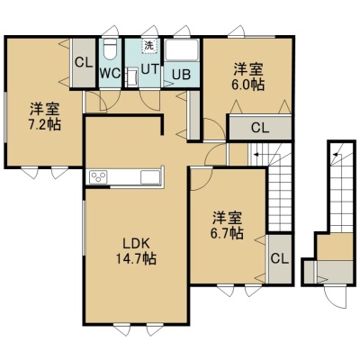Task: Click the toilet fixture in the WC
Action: [110, 49]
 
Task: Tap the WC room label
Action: [110, 73]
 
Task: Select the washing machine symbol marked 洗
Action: [149, 46]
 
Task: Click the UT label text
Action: [149, 69]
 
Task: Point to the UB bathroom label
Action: [181, 75]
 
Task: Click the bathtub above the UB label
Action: [182, 49]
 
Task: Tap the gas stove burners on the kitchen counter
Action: [98, 176]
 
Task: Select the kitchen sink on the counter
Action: [150, 176]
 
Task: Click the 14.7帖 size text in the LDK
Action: [137, 258]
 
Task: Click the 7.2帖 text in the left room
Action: [45, 124]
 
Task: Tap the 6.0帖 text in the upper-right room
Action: [247, 85]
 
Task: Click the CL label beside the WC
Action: [84, 63]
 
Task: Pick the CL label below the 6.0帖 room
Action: [260, 128]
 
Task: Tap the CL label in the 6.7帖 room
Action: [280, 258]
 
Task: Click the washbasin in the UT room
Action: [131, 77]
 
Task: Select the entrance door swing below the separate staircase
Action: [336, 297]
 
